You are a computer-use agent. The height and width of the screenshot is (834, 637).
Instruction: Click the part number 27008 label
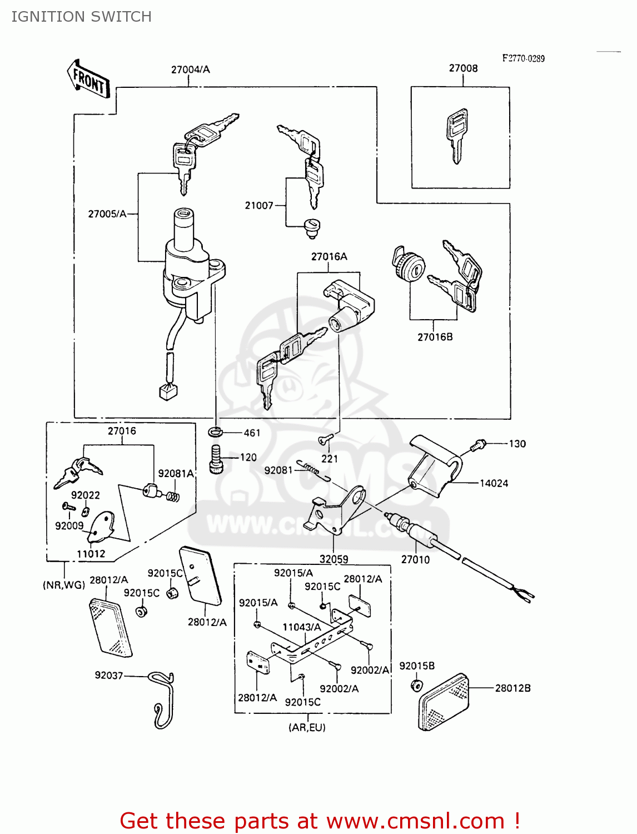pos(463,68)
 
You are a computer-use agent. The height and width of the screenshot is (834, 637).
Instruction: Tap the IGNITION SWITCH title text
pos(81,17)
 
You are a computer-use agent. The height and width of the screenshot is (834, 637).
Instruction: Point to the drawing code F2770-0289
pos(523,58)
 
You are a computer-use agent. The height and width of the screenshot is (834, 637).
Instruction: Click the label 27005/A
pos(107,214)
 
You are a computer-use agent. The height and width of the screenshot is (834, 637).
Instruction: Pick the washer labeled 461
pos(216,431)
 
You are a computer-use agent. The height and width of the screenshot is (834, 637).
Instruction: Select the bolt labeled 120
pos(216,459)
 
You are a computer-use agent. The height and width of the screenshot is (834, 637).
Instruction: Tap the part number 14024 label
pos(494,483)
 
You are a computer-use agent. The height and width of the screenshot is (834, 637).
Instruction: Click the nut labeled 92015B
pos(416,684)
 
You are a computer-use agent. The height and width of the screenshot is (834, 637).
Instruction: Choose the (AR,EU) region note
pos(307,727)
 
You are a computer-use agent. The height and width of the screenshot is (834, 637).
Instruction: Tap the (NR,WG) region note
pos(64,584)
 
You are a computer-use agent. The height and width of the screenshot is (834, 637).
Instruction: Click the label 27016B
pos(435,337)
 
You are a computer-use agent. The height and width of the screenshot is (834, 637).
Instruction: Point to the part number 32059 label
pos(334,559)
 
